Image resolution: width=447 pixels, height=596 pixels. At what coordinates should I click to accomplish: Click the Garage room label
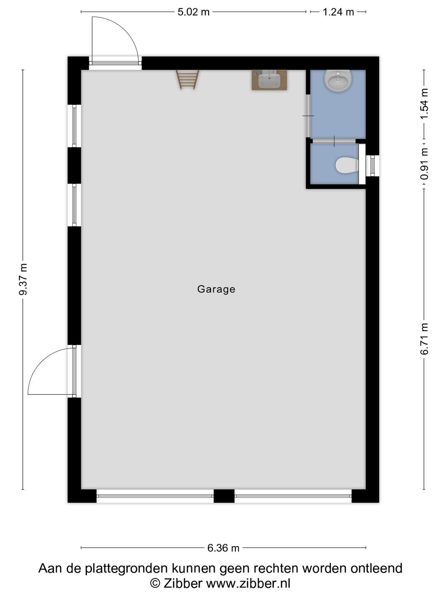216,289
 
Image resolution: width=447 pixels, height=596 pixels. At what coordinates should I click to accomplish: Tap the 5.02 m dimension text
193,12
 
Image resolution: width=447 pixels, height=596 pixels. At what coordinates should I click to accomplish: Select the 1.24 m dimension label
338,12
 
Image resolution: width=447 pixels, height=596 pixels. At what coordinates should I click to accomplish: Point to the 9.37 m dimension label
23,279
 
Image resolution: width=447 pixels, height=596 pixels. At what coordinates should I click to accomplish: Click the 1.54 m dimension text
424,104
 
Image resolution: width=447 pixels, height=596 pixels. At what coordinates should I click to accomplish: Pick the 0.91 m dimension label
424,164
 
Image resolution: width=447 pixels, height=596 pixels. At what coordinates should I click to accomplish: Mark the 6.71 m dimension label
424,339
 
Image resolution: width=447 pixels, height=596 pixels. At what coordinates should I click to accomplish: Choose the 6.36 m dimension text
223,548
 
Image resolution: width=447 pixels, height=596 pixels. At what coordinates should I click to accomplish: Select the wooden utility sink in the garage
269,80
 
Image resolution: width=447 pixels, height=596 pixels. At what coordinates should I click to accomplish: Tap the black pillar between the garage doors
224,496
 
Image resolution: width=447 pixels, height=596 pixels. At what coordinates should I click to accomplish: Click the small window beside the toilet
372,166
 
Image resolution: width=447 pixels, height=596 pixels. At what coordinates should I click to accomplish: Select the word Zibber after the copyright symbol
183,583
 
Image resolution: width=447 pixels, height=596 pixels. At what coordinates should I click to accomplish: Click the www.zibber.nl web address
248,583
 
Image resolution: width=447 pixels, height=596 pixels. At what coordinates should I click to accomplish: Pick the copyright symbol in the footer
155,583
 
